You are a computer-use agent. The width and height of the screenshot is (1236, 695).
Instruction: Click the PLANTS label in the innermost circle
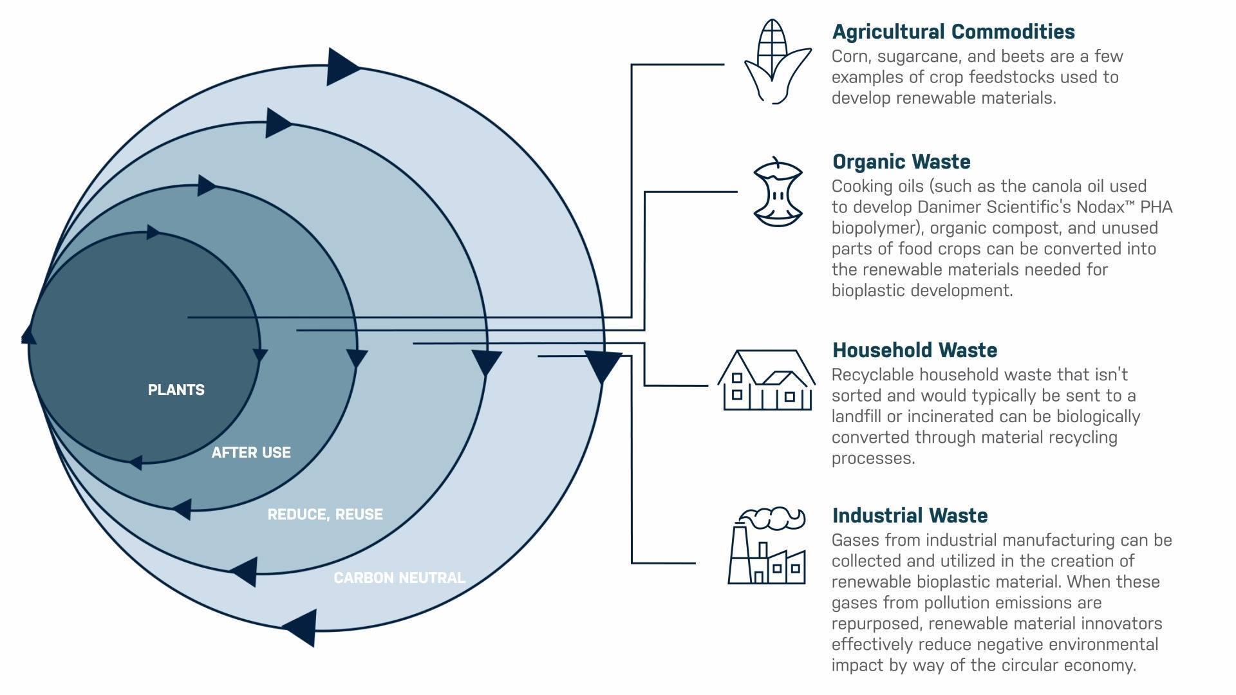pos(176,390)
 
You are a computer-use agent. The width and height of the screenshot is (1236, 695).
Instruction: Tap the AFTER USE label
pos(251,452)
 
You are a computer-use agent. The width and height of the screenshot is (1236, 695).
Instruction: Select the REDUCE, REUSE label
pos(325,514)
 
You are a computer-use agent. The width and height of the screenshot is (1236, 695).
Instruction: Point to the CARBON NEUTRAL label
pos(399,578)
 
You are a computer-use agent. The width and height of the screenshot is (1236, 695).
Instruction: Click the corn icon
pos(777,61)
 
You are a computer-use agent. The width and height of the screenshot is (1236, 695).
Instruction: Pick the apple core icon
pos(778,191)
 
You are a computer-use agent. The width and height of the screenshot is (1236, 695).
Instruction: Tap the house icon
pos(767,380)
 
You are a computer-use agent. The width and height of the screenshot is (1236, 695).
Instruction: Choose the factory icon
pos(767,546)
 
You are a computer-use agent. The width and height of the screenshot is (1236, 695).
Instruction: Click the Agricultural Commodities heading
pos(953,32)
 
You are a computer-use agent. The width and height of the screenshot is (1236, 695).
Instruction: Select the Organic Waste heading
pos(901,162)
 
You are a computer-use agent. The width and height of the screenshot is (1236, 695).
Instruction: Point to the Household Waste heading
pos(915,350)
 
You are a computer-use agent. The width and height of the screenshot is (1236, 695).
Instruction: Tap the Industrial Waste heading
pos(910,515)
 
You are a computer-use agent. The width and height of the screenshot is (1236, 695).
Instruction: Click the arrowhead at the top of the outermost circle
pos(343,66)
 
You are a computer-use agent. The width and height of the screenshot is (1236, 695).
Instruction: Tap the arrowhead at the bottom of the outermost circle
pos(300,627)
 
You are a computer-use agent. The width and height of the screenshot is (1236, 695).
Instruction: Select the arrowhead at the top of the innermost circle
pos(153,232)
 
